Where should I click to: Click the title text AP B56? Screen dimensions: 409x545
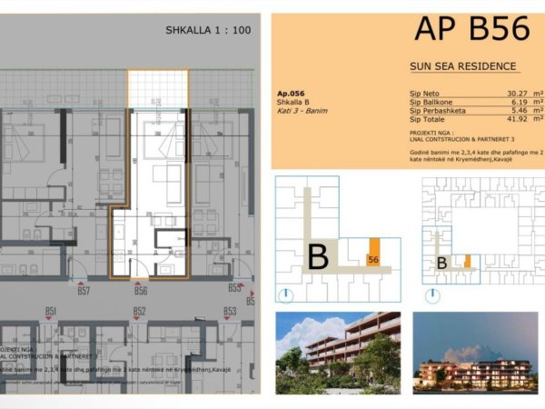click(x=471, y=29)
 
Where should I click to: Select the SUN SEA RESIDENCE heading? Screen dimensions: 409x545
click(x=463, y=66)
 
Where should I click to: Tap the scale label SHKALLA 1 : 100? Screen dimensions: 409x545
click(x=208, y=30)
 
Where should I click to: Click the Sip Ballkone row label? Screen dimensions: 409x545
click(x=432, y=102)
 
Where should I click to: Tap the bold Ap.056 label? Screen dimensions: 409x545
click(x=291, y=94)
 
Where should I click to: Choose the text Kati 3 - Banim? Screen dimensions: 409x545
click(x=302, y=111)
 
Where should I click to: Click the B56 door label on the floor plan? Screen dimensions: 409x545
click(x=141, y=291)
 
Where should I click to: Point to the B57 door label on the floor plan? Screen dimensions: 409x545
click(x=84, y=291)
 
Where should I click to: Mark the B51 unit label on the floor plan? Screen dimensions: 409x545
click(x=51, y=312)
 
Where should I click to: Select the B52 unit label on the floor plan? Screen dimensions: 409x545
click(x=139, y=312)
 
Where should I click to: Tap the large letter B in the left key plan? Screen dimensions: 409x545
click(x=317, y=257)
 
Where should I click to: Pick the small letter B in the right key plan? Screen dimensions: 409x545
click(x=441, y=264)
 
